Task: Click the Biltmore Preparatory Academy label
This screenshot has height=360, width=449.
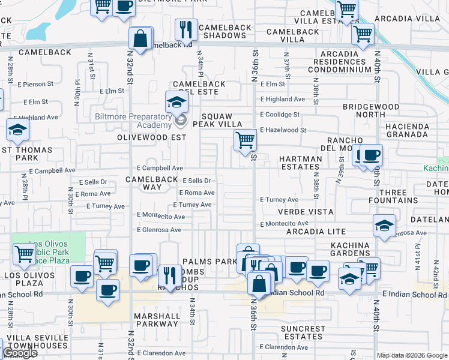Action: tap(133, 121)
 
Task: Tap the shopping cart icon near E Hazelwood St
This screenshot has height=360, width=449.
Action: tap(245, 140)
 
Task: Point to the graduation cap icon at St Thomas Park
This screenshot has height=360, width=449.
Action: tap(18, 129)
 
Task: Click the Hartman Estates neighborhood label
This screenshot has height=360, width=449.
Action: tap(301, 163)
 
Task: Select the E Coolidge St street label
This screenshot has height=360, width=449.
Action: tap(279, 114)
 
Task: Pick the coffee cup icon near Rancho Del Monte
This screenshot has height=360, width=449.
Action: tap(370, 155)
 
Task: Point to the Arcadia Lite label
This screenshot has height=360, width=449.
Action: tap(316, 231)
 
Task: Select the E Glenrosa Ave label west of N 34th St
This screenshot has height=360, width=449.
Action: tap(159, 230)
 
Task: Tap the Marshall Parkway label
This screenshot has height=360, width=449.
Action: tap(157, 319)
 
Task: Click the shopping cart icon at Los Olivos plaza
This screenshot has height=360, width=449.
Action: tap(24, 254)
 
